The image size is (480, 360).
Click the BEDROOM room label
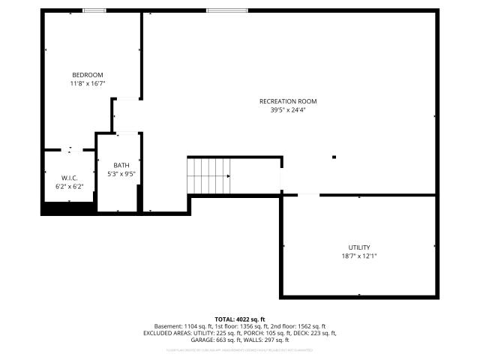click(x=87, y=75)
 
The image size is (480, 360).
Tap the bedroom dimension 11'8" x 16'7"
click(x=87, y=84)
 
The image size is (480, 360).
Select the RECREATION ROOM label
click(x=288, y=101)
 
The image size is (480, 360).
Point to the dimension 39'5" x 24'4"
click(x=288, y=110)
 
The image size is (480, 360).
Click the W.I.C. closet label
click(x=68, y=178)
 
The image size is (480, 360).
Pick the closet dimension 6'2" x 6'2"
click(x=68, y=186)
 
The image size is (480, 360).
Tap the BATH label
click(x=121, y=166)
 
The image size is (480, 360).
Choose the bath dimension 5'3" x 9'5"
click(x=121, y=174)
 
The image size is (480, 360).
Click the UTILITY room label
click(x=358, y=247)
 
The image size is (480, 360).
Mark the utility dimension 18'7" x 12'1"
click(x=358, y=256)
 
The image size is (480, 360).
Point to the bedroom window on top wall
click(x=94, y=10)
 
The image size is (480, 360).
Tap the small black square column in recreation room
click(x=334, y=157)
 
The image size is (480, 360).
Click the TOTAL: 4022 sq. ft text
click(x=240, y=319)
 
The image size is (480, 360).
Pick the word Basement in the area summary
click(x=167, y=326)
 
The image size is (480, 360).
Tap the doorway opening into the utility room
click(x=309, y=195)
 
